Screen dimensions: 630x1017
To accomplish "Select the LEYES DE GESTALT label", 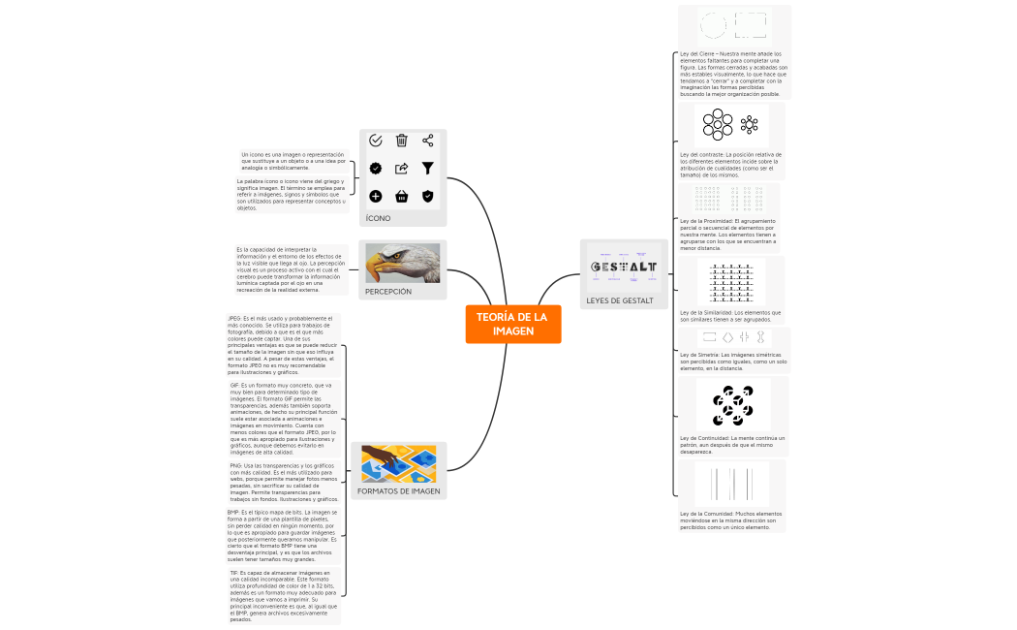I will coord(619,300).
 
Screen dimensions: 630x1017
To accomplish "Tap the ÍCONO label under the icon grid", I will coord(378,218).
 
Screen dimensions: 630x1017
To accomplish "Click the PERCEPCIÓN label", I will coord(387,291).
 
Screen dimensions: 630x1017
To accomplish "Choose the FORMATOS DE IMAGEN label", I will coord(398,491).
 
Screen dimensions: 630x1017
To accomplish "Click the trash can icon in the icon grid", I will coord(402,142).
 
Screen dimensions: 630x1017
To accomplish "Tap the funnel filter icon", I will coord(427,169).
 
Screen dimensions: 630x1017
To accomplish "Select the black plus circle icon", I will coord(376,197).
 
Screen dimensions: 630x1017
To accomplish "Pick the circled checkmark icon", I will coord(376,142).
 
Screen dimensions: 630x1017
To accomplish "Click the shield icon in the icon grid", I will coord(427,197).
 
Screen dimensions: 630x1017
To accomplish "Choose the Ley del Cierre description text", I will coord(733,74).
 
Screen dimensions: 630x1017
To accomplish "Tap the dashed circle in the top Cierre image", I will coord(713,25).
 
